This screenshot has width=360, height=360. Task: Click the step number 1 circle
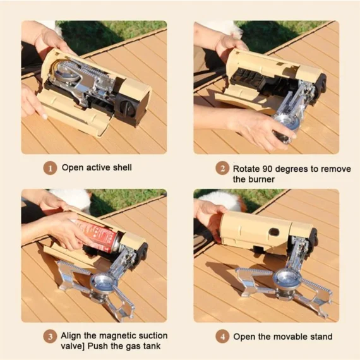(x=49, y=168)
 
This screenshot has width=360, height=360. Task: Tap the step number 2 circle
(x=222, y=169)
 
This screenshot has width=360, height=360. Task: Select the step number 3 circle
(x=49, y=336)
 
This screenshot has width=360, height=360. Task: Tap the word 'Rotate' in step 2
(x=247, y=169)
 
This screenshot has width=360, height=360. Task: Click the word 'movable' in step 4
(x=284, y=337)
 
